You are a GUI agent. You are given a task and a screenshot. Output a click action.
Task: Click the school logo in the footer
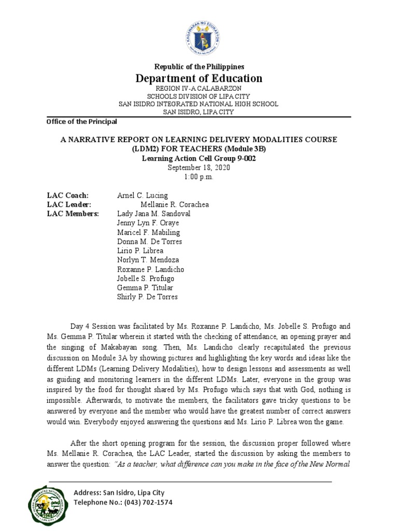(x=47, y=506)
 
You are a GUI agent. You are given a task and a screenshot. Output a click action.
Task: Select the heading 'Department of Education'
(x=199, y=78)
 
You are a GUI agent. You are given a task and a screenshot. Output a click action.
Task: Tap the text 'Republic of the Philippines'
(x=199, y=67)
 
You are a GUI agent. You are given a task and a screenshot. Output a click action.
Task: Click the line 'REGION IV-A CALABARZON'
(x=199, y=89)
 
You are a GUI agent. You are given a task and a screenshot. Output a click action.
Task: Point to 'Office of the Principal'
(x=82, y=121)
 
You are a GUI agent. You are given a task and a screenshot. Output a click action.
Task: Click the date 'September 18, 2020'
(x=199, y=168)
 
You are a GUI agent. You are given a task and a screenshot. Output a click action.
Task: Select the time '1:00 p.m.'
(x=199, y=177)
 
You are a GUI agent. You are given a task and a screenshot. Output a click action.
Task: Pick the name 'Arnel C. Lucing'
(x=143, y=195)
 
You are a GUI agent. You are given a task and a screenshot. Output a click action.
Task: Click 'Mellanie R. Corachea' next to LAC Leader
(x=175, y=205)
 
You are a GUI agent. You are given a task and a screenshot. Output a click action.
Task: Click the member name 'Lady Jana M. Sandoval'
(x=154, y=214)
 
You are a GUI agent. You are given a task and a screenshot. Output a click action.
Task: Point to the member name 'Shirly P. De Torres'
(x=148, y=297)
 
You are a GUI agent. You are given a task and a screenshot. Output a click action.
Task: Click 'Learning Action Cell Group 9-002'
(x=199, y=158)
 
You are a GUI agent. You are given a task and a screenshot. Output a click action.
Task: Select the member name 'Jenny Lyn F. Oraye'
(x=148, y=223)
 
